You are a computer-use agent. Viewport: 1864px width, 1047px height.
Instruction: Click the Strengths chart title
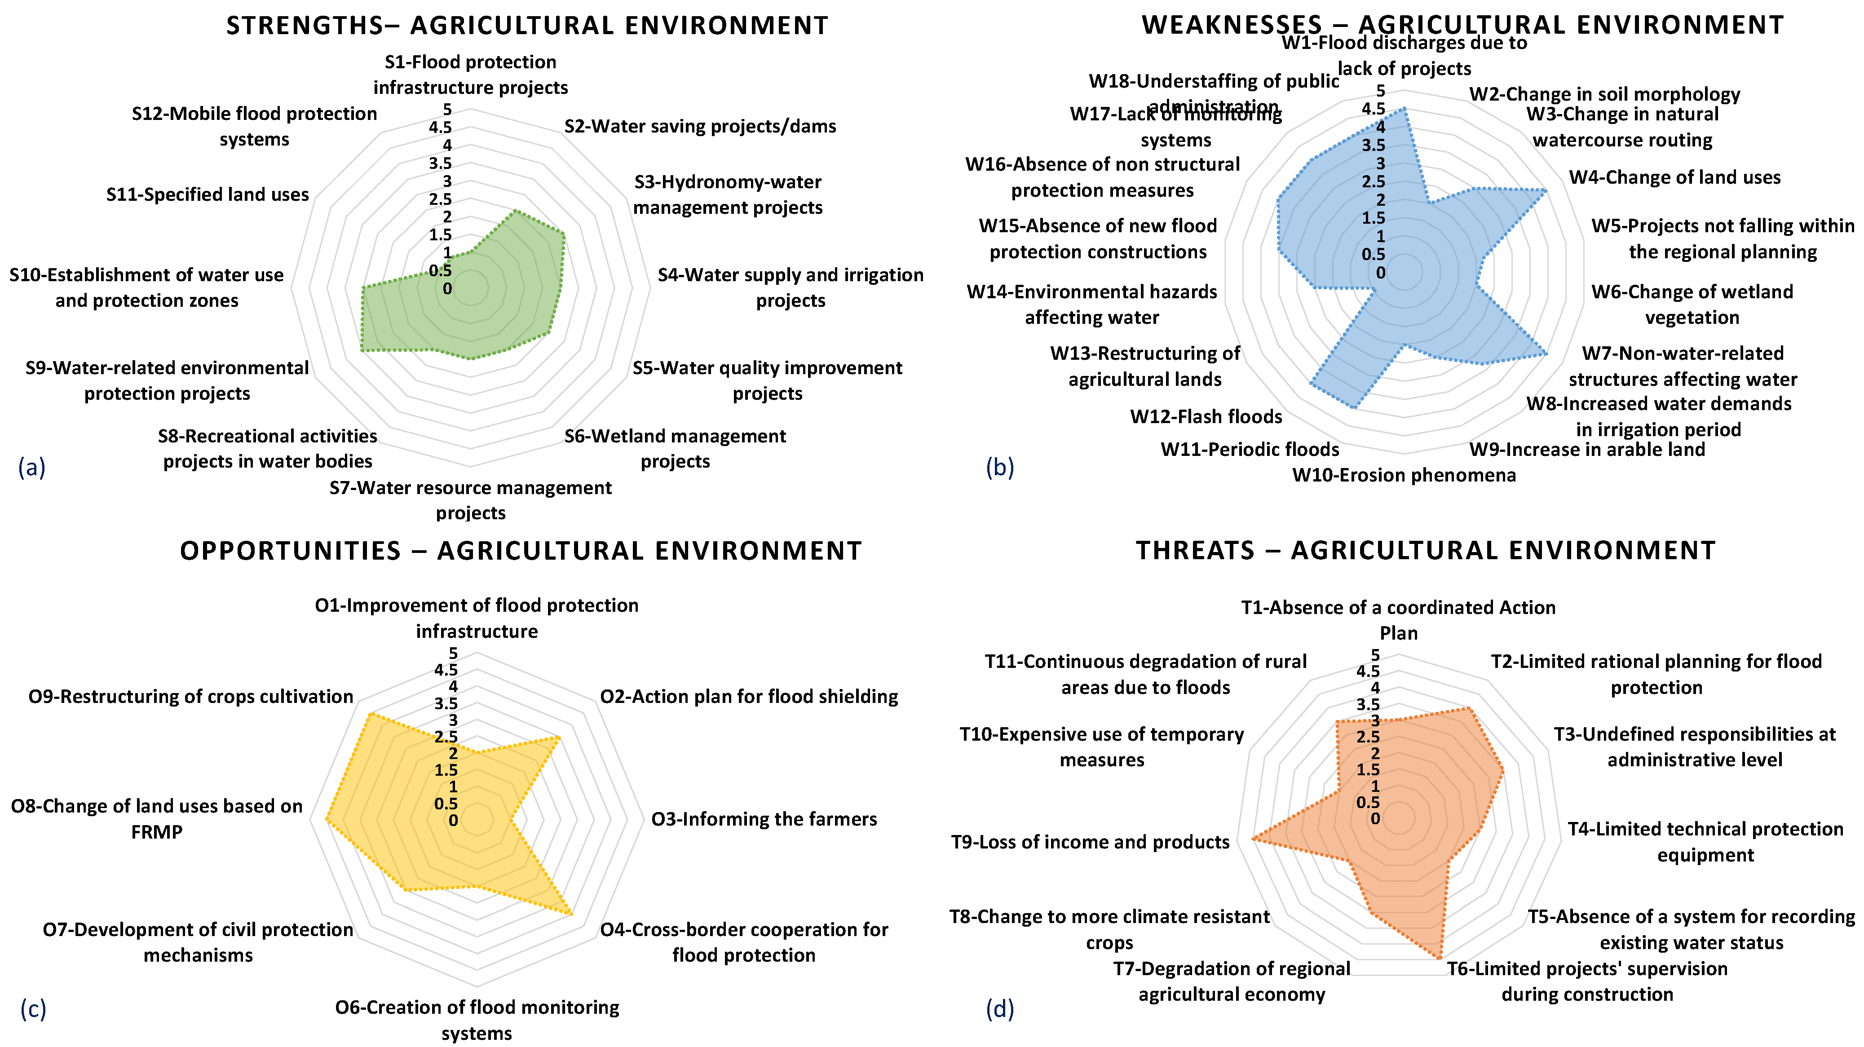click(x=527, y=26)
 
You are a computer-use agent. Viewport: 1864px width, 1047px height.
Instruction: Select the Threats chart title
click(x=1426, y=551)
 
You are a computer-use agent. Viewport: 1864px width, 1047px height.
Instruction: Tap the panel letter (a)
click(x=32, y=468)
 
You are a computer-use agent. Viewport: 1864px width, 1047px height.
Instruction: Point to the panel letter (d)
click(x=1000, y=1008)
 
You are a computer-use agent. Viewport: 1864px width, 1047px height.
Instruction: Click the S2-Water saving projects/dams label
click(x=700, y=127)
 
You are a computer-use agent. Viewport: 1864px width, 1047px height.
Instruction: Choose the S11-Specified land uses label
click(x=208, y=194)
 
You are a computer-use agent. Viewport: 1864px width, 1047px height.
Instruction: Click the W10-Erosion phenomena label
click(x=1404, y=475)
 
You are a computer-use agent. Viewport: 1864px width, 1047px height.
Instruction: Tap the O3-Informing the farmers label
click(x=764, y=819)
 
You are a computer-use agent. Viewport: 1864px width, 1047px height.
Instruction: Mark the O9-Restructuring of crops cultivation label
click(x=190, y=697)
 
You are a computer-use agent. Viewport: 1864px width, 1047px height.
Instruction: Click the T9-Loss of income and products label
click(x=1090, y=842)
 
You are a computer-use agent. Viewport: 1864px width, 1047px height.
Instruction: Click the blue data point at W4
click(x=1546, y=191)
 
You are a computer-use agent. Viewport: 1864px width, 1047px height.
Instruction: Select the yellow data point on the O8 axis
click(x=327, y=820)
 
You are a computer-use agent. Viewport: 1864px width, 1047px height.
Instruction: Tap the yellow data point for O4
click(x=572, y=914)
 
